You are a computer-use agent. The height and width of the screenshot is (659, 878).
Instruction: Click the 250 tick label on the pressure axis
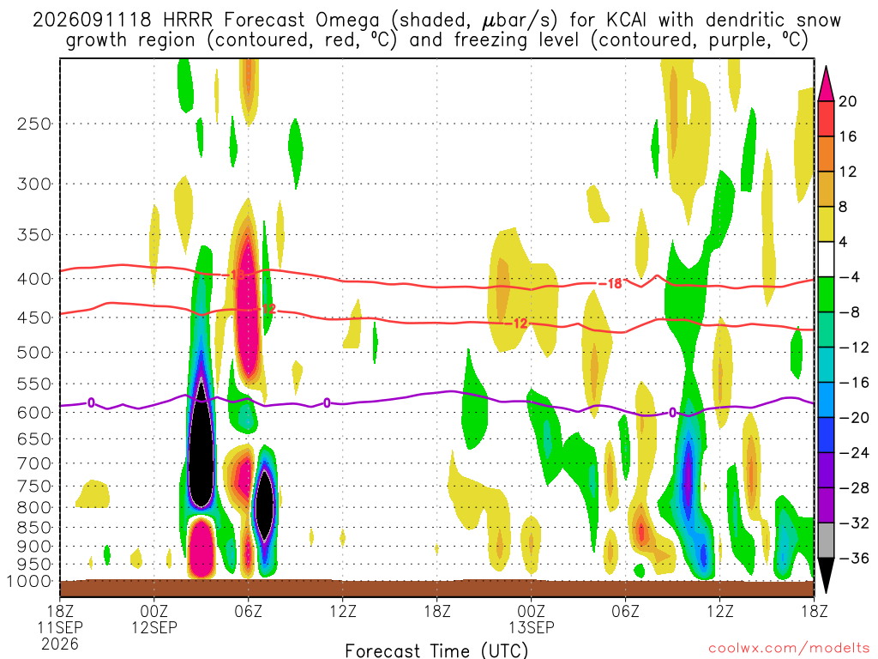point(34,124)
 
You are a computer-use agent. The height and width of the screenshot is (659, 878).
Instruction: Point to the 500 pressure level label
point(34,353)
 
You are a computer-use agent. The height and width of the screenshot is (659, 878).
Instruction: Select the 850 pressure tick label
point(34,528)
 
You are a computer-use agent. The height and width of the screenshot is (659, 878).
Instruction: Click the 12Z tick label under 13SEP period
point(719,611)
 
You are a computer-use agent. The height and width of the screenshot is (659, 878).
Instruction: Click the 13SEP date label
point(532,627)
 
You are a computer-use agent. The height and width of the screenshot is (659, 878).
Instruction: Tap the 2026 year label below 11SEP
point(60,644)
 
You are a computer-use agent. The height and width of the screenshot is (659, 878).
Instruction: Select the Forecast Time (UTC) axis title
point(436,650)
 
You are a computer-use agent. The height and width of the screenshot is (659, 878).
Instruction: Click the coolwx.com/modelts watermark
point(789,649)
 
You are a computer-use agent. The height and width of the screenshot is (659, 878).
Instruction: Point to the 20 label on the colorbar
point(848,101)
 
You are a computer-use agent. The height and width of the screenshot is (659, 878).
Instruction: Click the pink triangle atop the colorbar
point(826,83)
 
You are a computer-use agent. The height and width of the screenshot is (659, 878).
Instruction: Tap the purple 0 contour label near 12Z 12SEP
point(327,403)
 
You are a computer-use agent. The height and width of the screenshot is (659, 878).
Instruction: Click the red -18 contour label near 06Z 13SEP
point(610,283)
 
